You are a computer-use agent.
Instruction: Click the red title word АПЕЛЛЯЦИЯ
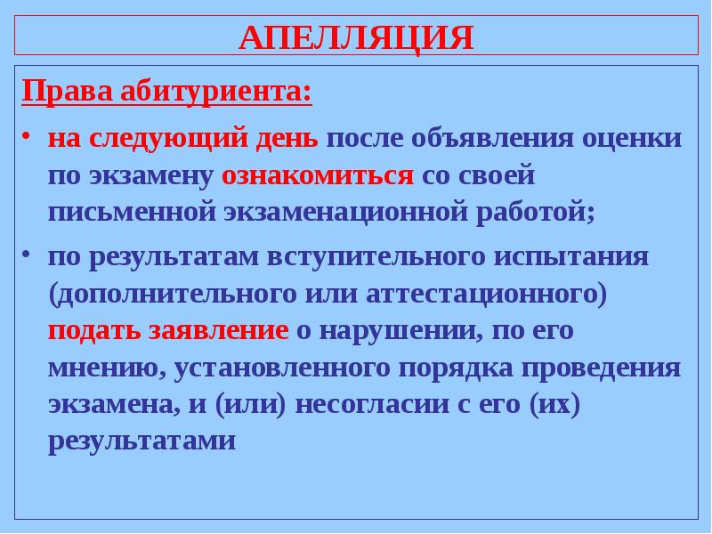pyautogui.click(x=356, y=38)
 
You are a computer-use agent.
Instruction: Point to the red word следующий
pyautogui.click(x=160, y=141)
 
